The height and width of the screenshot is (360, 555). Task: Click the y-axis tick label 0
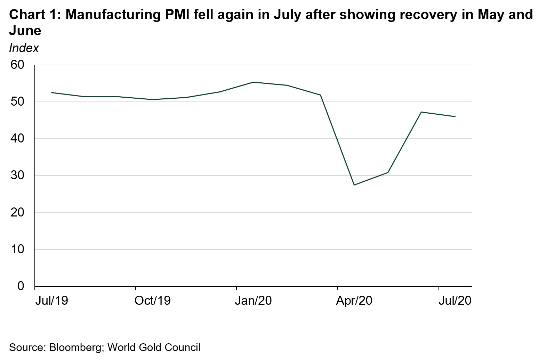21,286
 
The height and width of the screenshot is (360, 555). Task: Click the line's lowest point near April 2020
354,185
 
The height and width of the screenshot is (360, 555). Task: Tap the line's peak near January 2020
253,82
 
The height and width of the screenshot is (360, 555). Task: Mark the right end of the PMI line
455,117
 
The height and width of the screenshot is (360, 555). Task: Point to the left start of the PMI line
51,92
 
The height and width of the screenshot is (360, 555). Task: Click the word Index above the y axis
24,48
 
